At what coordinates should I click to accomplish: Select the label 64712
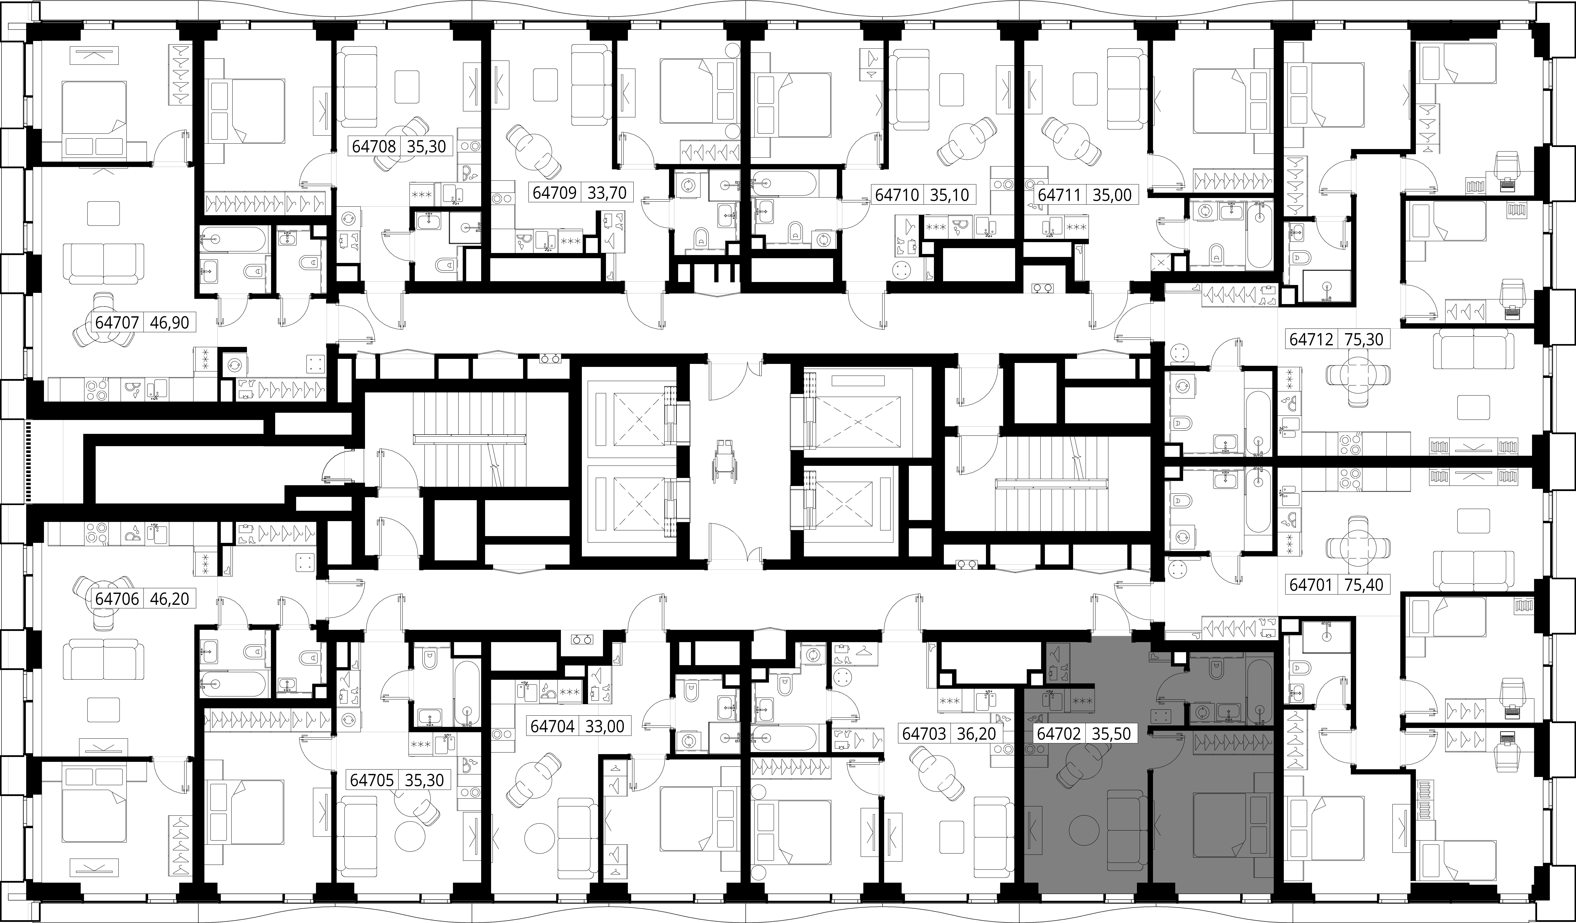(1311, 339)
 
